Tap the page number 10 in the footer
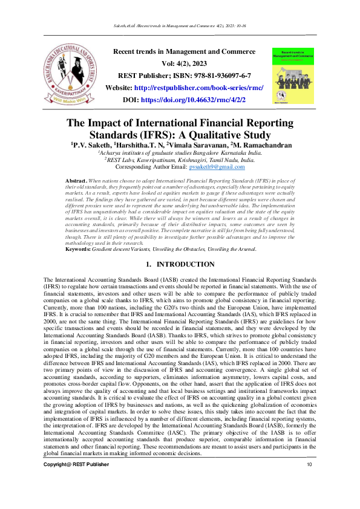(x=309, y=481)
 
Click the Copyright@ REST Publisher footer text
(x=77, y=481)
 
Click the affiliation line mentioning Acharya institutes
(x=180, y=153)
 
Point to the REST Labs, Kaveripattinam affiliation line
(x=180, y=160)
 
